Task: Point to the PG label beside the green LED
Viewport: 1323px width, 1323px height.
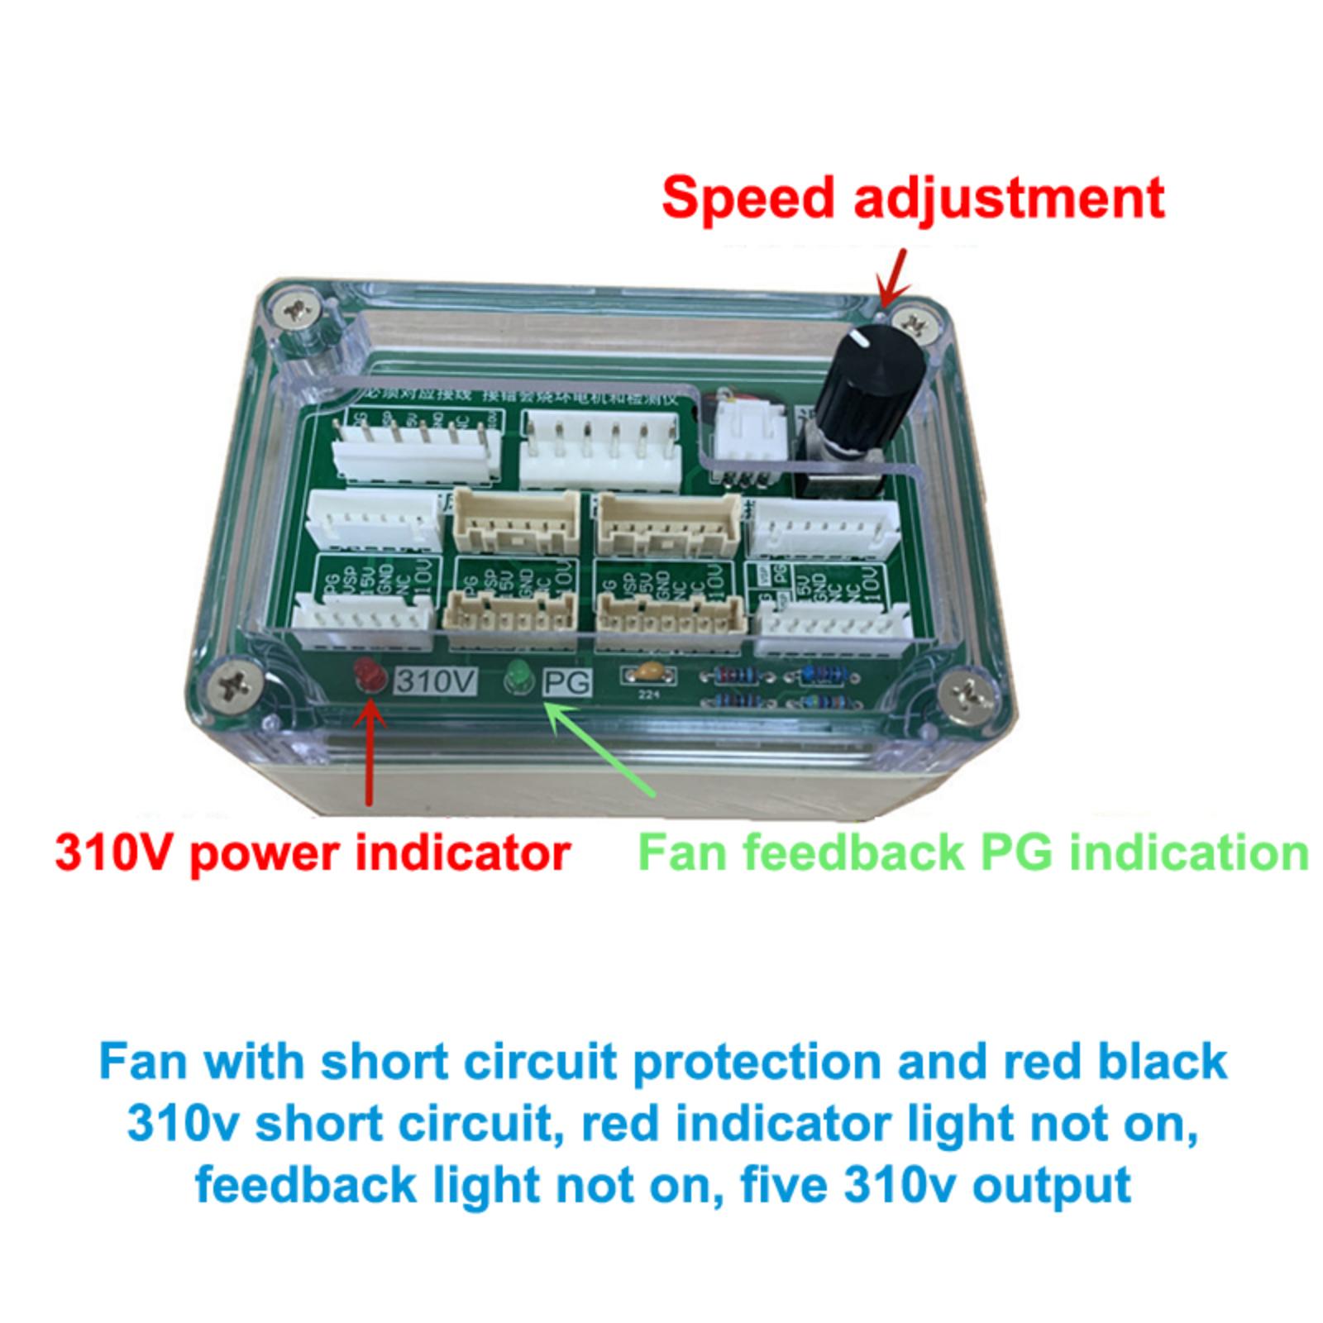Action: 567,682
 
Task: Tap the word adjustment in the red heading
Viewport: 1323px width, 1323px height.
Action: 1009,198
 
